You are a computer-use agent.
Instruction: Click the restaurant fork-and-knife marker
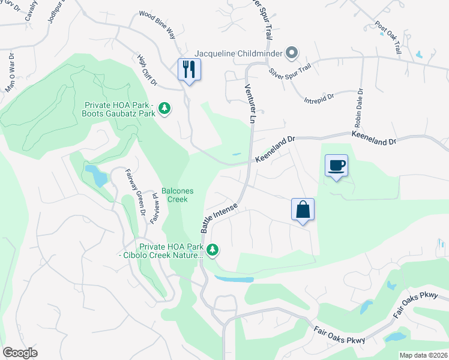[189, 70]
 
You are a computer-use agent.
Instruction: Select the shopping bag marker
[303, 209]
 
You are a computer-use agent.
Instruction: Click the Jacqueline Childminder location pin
[292, 53]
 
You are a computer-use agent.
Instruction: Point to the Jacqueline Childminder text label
[239, 53]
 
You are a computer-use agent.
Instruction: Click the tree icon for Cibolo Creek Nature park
[211, 249]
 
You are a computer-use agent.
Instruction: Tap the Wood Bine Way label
[157, 24]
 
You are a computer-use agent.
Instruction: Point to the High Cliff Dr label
[146, 69]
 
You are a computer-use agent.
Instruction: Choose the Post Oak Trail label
[388, 39]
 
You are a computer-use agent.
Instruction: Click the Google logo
[20, 353]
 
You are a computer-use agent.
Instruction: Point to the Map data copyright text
[423, 355]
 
